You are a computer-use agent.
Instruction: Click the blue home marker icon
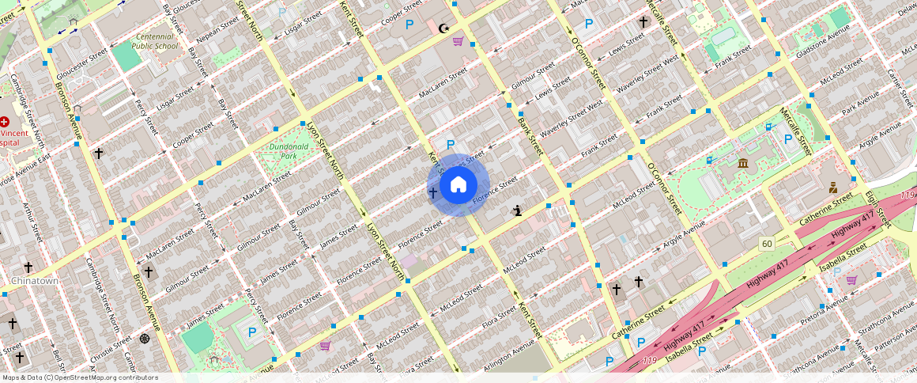click(458, 185)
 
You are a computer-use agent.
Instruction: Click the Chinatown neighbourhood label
click(35, 281)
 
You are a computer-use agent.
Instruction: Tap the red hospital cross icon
click(5, 122)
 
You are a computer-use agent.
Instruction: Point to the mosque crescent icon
click(444, 28)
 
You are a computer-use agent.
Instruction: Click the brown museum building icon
click(743, 164)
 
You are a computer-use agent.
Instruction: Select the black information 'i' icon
click(517, 210)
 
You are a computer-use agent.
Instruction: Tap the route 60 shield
click(767, 244)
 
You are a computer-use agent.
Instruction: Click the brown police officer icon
click(832, 188)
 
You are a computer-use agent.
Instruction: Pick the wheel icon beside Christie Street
click(145, 339)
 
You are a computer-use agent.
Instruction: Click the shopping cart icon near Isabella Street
click(851, 279)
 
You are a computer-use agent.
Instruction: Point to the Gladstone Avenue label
click(824, 36)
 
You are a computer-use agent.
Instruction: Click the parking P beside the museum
click(787, 138)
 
